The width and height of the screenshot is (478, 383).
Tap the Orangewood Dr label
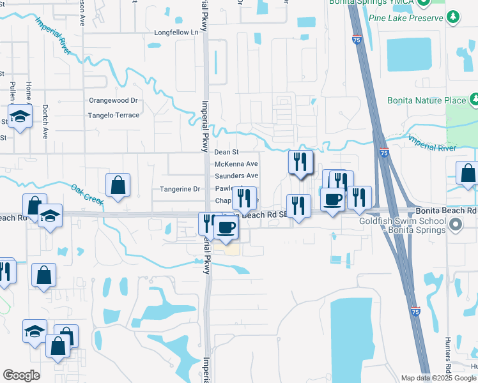113,101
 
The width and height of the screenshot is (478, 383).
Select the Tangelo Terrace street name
113,116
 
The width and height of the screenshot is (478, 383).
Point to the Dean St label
226,153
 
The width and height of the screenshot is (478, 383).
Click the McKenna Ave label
236,164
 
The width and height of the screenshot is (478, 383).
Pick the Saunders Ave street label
236,176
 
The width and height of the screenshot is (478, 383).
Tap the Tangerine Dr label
180,190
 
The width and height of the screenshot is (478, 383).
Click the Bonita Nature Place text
426,100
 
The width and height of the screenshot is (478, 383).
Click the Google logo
21,375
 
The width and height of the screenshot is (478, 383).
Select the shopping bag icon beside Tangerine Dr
118,186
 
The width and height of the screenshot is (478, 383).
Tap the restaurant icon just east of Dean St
300,162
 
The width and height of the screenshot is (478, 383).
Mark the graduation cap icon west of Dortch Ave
20,117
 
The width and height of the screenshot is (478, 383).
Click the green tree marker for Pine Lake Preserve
453,16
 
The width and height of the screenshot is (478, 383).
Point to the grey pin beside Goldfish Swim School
455,224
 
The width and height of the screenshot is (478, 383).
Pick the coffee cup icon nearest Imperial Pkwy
225,228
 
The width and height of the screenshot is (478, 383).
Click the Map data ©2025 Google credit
438,378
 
